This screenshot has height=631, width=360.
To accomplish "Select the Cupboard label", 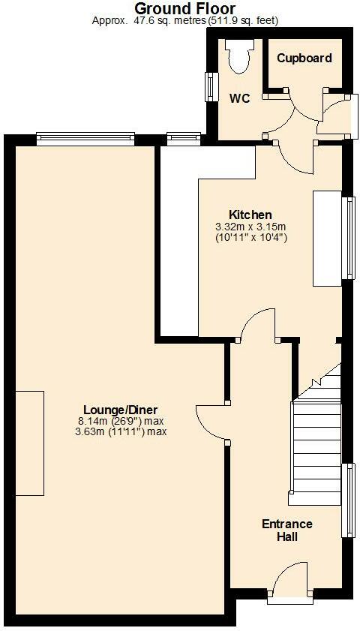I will click(x=304, y=58).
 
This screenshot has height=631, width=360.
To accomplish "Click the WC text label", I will click(x=239, y=98).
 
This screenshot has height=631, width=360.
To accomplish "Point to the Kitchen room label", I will click(x=250, y=215).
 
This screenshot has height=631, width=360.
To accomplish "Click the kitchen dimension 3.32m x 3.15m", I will click(x=250, y=227).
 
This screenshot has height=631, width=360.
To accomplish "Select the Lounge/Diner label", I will click(x=120, y=410).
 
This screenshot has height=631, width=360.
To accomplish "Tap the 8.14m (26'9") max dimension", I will click(x=120, y=421).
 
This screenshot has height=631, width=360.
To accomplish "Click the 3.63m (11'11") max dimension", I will click(x=120, y=431).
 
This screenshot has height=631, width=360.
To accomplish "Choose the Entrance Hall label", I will click(x=286, y=530).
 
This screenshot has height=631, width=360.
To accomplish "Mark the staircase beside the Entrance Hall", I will click(x=316, y=443).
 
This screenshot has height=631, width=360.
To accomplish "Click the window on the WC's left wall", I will click(x=211, y=86).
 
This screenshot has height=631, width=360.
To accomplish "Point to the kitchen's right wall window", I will click(x=347, y=238).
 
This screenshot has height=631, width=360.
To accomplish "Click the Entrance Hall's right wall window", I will click(x=348, y=500).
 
